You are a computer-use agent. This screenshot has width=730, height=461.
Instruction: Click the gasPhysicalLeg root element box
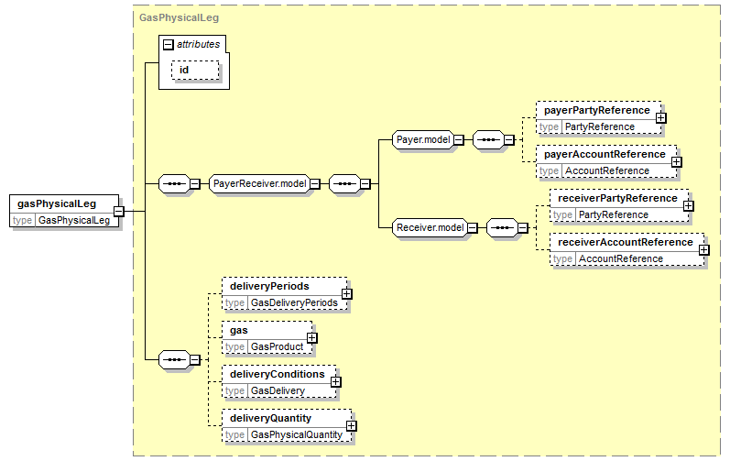(64, 211)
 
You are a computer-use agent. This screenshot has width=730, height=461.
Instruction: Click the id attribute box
(195, 70)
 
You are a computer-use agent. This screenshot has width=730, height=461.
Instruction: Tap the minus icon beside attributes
(168, 44)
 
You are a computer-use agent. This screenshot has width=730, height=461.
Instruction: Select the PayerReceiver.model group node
(259, 183)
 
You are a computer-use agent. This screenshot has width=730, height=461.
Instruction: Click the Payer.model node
(423, 139)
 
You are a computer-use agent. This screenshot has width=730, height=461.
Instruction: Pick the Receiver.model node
(430, 227)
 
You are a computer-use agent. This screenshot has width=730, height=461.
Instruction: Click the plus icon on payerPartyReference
(660, 118)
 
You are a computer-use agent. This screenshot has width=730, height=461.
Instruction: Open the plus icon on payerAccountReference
(677, 161)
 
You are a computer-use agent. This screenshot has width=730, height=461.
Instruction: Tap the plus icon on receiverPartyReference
(688, 206)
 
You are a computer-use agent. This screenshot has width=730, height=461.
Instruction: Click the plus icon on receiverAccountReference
(704, 250)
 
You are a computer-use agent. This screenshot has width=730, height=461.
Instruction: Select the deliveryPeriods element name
(269, 286)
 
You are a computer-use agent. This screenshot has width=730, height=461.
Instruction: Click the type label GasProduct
(277, 347)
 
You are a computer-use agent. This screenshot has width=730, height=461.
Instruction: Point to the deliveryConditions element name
(277, 374)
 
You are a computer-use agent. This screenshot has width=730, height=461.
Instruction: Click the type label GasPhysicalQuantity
(297, 435)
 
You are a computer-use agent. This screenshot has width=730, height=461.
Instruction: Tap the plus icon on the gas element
(312, 338)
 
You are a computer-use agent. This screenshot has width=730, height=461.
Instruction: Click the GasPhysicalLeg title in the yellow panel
(179, 17)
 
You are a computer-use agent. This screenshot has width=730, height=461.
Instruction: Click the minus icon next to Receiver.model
(472, 227)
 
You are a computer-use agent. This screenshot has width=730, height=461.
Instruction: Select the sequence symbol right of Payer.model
(488, 139)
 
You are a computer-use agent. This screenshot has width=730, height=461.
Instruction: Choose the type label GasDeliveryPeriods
(294, 302)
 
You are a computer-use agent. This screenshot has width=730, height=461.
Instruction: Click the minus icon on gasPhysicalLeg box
(119, 211)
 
